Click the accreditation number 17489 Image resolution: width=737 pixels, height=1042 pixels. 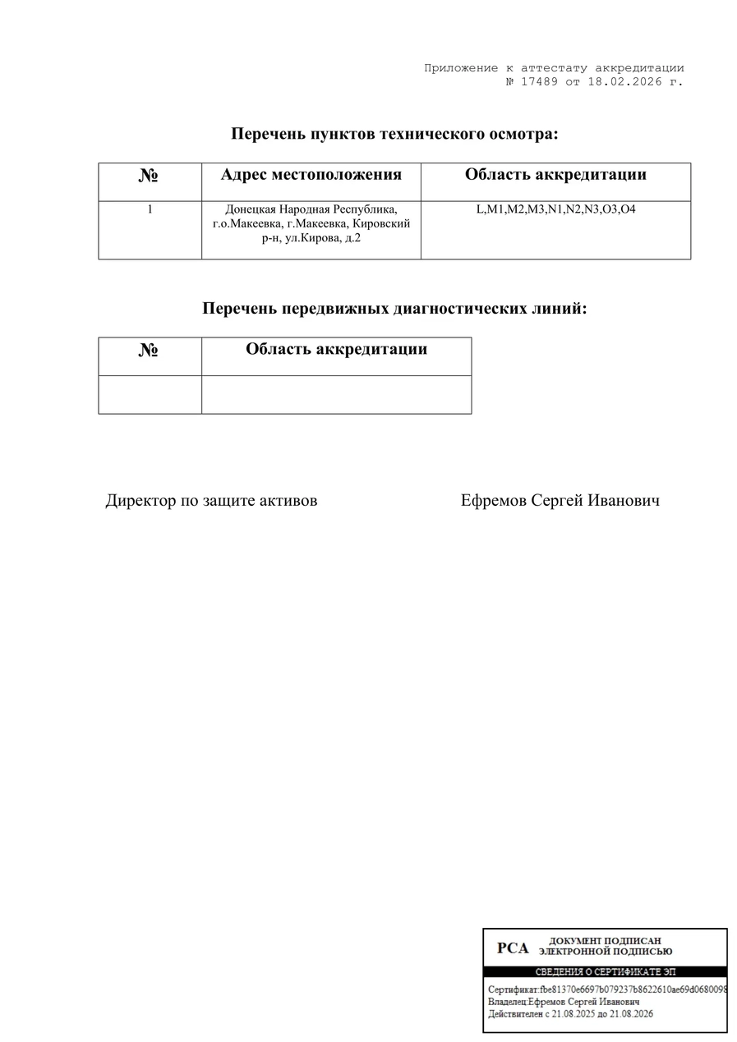click(x=539, y=82)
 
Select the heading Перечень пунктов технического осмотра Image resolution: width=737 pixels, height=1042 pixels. click(x=394, y=134)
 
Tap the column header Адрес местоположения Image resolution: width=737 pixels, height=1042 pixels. click(x=311, y=175)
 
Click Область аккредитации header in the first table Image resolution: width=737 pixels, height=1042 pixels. click(x=555, y=175)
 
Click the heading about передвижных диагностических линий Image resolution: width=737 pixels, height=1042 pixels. click(x=394, y=309)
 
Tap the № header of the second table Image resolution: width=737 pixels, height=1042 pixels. click(x=149, y=350)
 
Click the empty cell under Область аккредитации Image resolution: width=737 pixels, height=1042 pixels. click(x=336, y=395)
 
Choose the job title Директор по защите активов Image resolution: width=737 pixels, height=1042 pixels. click(x=211, y=500)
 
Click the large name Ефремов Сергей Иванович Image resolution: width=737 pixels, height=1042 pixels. click(x=560, y=500)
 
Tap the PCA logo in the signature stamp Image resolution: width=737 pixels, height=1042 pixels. click(x=513, y=948)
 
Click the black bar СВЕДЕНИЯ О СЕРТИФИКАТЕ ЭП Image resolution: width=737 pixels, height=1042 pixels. click(x=605, y=972)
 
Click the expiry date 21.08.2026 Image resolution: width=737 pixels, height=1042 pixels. click(x=632, y=1014)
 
